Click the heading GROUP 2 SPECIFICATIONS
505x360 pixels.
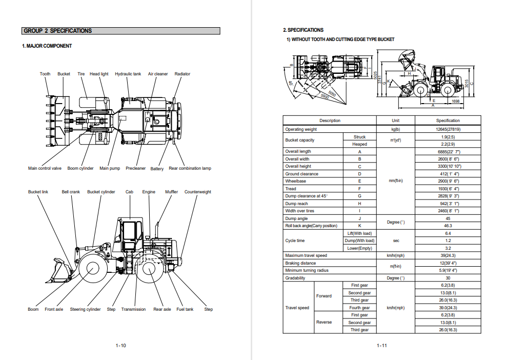coord(58,31)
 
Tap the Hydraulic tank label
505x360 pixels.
coord(128,74)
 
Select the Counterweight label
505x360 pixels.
coord(197,192)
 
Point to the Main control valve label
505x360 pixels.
coord(45,168)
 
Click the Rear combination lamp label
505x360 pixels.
coord(190,168)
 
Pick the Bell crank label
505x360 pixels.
coord(71,192)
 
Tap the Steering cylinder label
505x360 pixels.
coord(85,309)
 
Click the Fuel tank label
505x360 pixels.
coord(185,309)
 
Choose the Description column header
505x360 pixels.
coord(330,121)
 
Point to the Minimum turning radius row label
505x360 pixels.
coord(307,270)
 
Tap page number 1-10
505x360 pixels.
coord(120,346)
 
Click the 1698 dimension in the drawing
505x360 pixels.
coord(455,102)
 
